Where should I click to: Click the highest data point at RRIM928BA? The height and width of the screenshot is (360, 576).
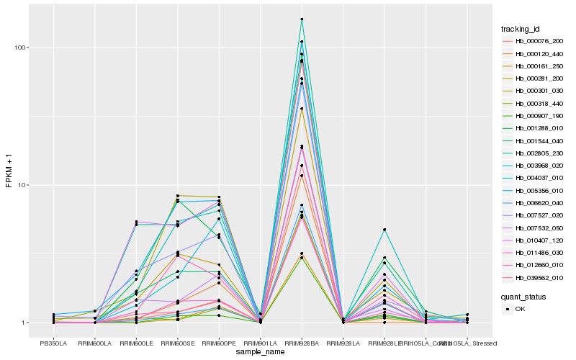point(302,19)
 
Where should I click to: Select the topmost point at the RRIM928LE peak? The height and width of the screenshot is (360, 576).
point(384,230)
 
